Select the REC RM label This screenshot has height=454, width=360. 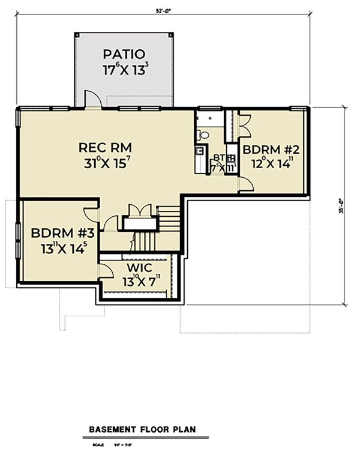105,147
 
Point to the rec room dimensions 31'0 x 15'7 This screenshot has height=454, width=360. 105,163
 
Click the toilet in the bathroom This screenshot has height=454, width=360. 203,135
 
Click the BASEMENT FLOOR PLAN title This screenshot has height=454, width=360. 142,430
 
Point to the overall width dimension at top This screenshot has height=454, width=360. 163,10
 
